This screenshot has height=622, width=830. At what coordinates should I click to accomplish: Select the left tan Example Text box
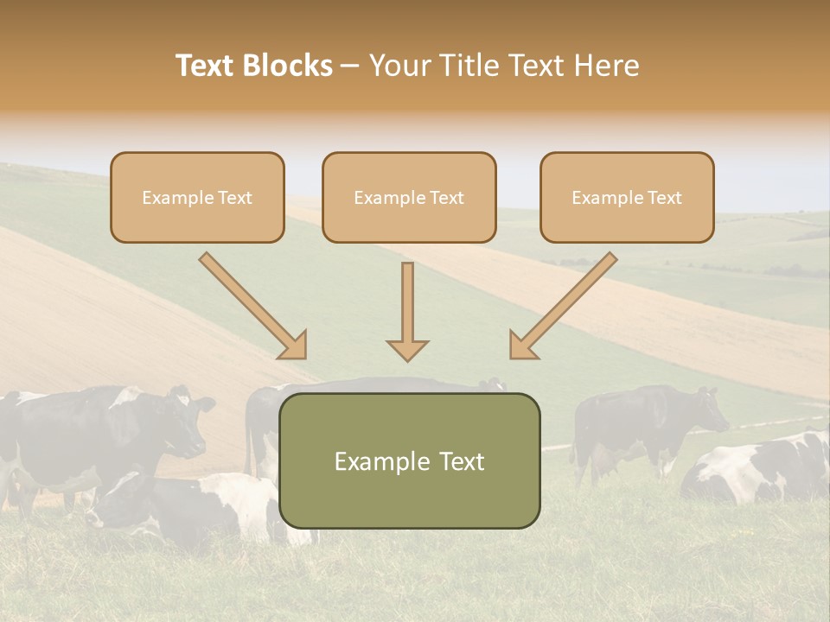coord(197,197)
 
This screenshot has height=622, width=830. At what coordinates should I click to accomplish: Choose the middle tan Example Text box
coord(409,197)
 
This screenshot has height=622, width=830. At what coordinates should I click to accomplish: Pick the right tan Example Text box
coord(627,197)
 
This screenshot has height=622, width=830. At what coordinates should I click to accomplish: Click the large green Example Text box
coord(409,460)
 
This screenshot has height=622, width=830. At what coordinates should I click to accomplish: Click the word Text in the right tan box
coord(663,198)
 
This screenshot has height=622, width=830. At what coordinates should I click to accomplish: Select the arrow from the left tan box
coord(252,305)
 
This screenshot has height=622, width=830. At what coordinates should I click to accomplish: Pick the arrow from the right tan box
coord(563,305)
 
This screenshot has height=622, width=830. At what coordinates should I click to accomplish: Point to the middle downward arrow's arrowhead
coord(407,350)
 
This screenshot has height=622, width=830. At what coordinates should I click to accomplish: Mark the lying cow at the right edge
coord(761,471)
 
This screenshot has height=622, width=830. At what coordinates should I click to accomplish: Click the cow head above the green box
coord(494,384)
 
